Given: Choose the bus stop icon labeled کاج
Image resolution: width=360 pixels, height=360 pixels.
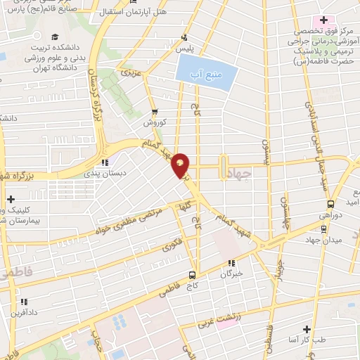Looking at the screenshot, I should (x=192, y=275).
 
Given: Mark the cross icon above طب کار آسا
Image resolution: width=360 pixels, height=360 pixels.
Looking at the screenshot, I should (x=306, y=328).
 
